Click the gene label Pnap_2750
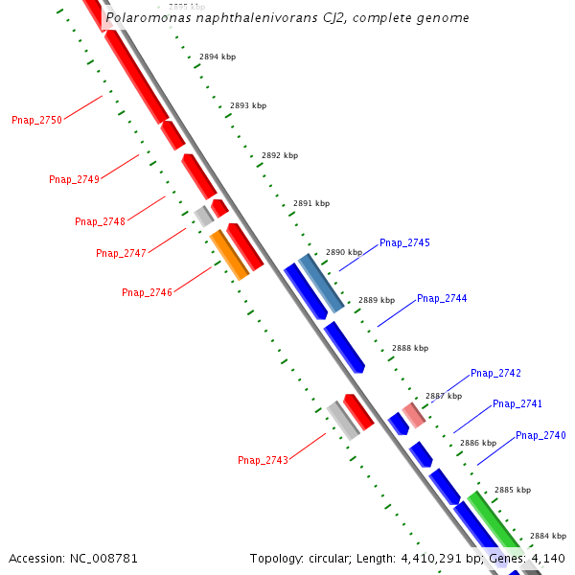coord(36,120)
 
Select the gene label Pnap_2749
coord(74,179)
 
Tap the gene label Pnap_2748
coord(100,221)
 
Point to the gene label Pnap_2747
coord(121,253)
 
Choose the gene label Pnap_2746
coord(147,292)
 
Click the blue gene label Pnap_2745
coord(404,242)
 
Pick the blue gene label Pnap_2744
coord(442,298)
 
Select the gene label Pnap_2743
coord(263,460)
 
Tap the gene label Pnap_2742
coord(495,373)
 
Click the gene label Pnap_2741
coord(517,403)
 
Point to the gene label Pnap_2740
coord(540,435)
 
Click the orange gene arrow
coord(230,256)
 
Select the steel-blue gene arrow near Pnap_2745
coord(321,283)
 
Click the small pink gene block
coord(413,415)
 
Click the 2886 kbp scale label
coord(478,443)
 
